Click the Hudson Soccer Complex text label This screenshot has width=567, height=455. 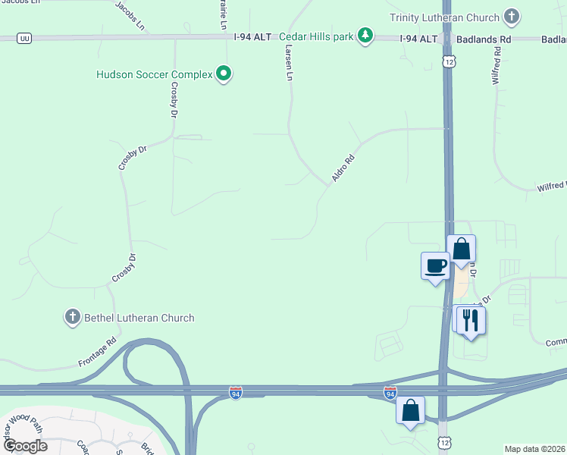(154, 74)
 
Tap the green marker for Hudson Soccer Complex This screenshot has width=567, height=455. (224, 74)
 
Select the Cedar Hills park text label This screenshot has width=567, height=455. (316, 36)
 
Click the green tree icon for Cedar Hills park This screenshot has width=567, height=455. (366, 36)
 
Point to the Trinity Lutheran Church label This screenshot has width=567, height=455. (444, 17)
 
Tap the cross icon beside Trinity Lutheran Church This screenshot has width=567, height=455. (512, 16)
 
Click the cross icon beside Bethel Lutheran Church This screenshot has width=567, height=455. (73, 317)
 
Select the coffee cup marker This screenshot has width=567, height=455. (435, 266)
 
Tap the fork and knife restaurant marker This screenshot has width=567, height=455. (471, 321)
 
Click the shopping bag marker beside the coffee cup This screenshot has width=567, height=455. (461, 249)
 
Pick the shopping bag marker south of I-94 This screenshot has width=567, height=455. (410, 410)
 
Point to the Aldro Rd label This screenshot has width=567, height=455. (343, 169)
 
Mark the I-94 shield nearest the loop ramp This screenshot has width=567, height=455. (236, 394)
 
